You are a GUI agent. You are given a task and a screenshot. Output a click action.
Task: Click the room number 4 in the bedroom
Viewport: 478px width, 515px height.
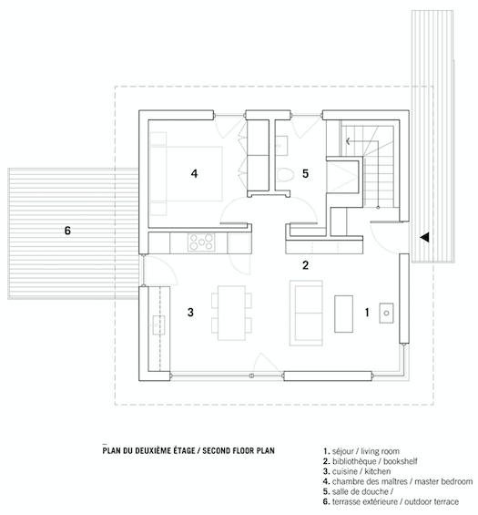point(194,173)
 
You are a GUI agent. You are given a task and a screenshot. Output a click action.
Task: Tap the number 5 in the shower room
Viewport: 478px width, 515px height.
point(305,173)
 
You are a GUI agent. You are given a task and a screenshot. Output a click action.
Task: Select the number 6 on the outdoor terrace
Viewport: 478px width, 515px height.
point(67,231)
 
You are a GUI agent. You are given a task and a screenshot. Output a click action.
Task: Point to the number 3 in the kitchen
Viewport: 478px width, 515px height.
point(190,312)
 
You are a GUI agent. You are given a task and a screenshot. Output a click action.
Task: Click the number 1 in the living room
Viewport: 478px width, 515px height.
point(367,313)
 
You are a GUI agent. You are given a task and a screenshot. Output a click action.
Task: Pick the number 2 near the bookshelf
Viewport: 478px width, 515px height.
point(305,265)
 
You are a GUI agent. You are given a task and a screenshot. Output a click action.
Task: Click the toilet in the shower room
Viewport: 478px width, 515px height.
point(284,175)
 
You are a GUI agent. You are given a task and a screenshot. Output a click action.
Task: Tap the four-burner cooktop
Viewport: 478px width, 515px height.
point(201,242)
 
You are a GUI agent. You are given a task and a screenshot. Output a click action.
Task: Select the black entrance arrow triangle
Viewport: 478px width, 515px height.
point(424,237)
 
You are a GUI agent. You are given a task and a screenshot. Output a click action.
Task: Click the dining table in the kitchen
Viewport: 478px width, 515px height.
point(231,313)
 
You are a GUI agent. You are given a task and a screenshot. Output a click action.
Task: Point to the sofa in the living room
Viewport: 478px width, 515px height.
point(306,313)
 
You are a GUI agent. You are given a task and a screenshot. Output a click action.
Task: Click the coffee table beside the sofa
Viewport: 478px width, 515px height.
point(344,314)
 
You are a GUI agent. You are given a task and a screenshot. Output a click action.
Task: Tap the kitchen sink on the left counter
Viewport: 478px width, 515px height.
point(158,324)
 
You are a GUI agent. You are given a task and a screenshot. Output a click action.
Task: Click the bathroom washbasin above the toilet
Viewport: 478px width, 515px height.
point(281,146)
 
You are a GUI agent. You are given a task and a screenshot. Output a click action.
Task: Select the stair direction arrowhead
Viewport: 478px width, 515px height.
point(348,141)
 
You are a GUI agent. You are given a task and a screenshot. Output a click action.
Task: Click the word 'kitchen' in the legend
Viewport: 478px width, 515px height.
point(378,471)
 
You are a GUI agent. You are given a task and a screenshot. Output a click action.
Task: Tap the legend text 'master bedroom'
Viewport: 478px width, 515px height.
point(443,481)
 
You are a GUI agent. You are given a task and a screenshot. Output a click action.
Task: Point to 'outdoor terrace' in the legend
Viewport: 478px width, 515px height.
point(432,501)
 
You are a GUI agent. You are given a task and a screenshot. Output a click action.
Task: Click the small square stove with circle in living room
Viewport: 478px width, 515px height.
point(386,313)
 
